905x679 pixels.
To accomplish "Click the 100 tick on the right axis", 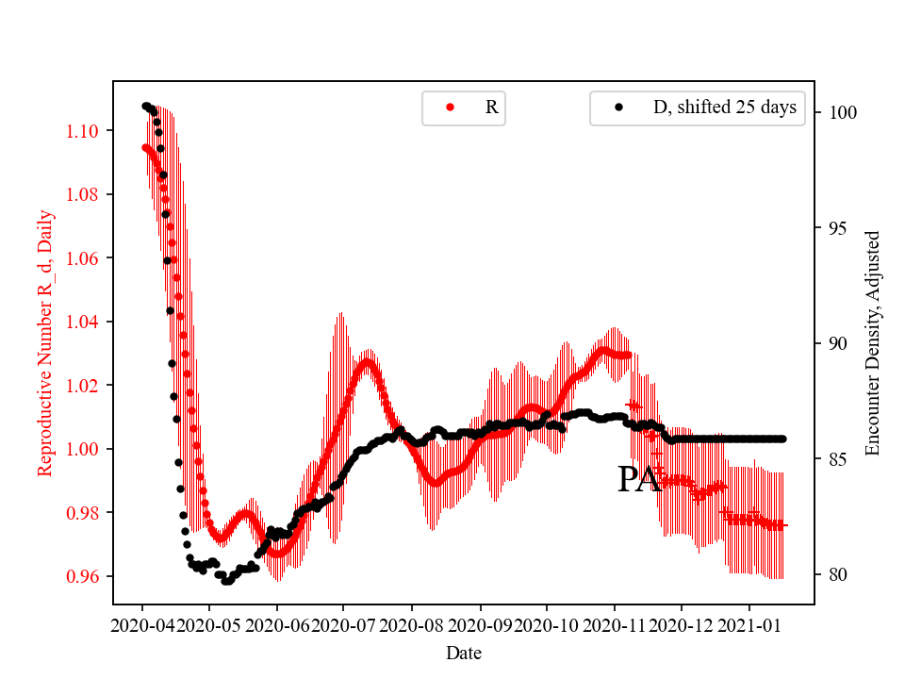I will pos(839,112).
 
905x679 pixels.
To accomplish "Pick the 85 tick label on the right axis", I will pos(835,459).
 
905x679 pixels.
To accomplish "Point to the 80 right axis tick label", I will pos(835,574).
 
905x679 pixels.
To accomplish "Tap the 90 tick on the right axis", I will pos(835,343).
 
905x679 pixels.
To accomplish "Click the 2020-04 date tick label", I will pos(142,624).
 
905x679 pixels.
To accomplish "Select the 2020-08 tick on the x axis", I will pos(412,624).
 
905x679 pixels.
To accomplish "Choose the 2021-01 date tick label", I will pos(749,624).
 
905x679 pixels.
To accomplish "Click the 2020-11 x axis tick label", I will pos(615,624).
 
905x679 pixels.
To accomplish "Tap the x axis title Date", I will pos(463,652).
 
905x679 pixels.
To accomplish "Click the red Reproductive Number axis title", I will pos(45,343).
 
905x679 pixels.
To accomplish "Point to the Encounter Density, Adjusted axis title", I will pos(872,343).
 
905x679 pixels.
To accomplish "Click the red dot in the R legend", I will pos(450,108).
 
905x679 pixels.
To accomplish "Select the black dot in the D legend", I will pos(618,108).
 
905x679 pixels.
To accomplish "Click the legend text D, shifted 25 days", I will pos(724,108).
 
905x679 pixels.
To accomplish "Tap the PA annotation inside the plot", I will pos(639,479).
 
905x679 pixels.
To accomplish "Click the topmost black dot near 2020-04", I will pos(146,107).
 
